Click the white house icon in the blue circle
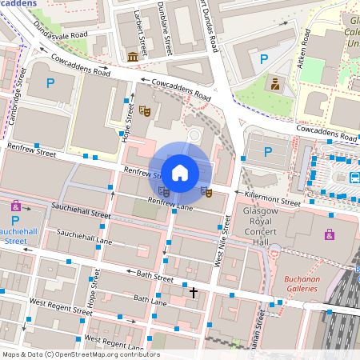(180, 172)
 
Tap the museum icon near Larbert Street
(132, 56)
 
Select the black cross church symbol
(193, 293)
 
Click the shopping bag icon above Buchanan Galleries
(330, 234)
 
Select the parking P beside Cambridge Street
(50, 82)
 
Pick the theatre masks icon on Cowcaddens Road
(145, 110)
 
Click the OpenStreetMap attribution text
(80, 354)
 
